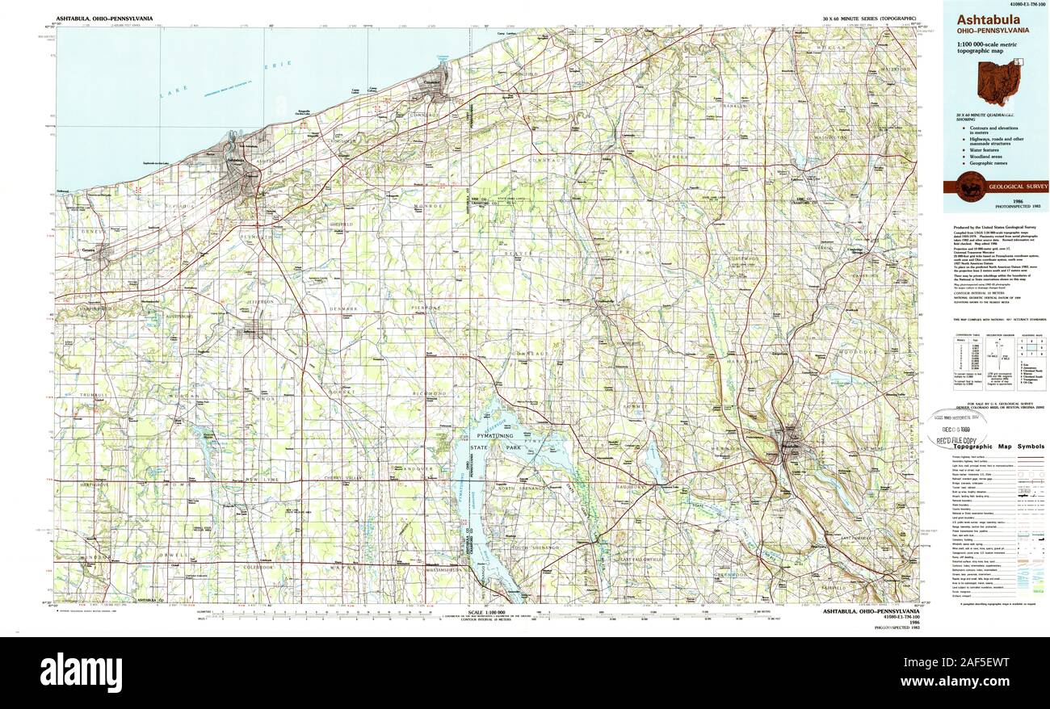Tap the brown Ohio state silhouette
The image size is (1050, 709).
[x=998, y=84]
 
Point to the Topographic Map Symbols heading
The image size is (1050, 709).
[x=998, y=447]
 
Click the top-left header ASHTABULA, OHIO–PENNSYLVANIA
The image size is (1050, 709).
[x=104, y=18]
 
